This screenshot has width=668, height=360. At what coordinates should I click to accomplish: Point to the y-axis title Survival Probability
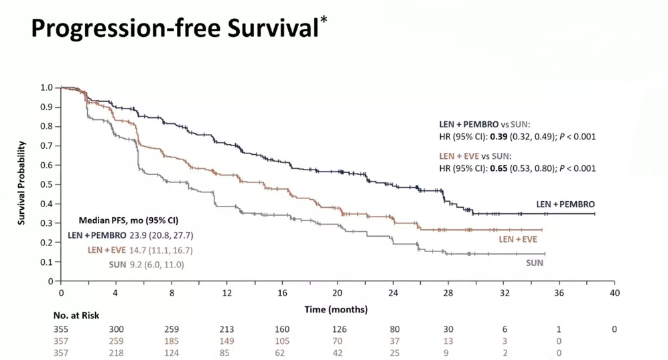21,183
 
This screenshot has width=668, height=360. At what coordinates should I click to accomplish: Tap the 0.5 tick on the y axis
48,184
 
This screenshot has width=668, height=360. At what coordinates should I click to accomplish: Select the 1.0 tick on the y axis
48,87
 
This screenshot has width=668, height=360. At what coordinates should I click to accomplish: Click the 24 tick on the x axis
393,293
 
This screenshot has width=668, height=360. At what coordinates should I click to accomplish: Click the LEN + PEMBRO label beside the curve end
565,204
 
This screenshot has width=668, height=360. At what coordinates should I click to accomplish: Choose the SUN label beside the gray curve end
534,263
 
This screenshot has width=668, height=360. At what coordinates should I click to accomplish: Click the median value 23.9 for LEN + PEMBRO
139,235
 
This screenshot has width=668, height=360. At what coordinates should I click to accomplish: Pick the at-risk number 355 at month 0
61,329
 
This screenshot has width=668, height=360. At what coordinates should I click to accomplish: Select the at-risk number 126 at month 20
338,329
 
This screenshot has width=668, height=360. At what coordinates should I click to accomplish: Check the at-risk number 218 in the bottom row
116,353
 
